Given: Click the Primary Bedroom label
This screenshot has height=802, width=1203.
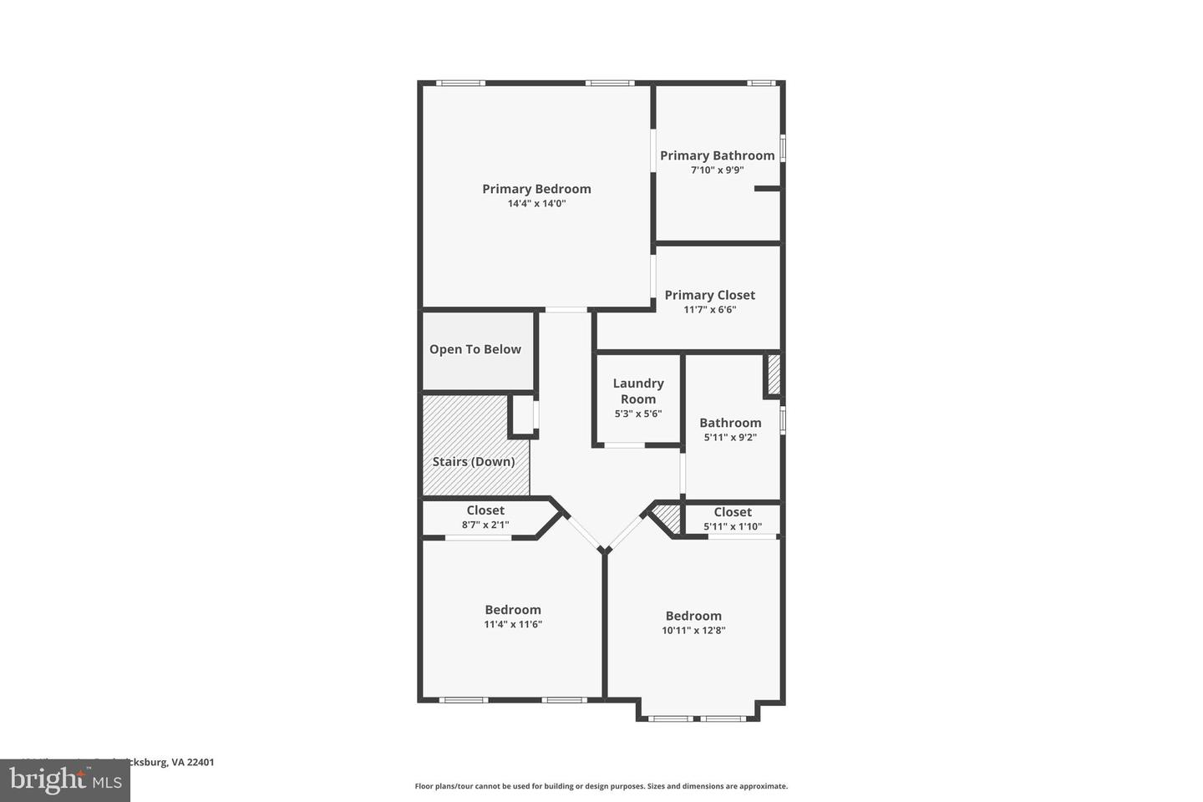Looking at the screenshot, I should [536, 189].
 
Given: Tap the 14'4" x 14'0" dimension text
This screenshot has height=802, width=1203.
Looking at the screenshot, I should [536, 203].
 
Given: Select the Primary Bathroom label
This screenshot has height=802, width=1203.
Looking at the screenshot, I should [717, 155].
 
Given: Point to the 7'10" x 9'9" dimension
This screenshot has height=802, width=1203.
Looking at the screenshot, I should [717, 170].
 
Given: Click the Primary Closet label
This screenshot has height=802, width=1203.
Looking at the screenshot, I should [709, 295].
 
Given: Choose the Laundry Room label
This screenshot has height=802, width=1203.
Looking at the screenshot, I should [638, 391].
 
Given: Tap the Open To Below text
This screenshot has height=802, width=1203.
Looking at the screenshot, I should [475, 349].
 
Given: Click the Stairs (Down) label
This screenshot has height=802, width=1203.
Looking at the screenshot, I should [473, 461].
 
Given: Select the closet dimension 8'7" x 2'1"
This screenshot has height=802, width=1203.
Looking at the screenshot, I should [485, 525].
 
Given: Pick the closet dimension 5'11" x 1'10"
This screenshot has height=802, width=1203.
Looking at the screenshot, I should [733, 526].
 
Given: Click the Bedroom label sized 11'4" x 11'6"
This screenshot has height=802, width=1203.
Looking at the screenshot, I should [513, 610].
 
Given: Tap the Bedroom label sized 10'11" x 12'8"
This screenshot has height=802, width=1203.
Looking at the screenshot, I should [693, 616].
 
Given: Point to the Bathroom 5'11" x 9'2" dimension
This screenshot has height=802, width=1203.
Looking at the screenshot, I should [730, 437].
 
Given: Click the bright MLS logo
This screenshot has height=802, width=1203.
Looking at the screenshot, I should [64, 780].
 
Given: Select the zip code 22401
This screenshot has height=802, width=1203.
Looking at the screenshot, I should [200, 762].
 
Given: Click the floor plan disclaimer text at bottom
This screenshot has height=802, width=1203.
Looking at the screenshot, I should [601, 786].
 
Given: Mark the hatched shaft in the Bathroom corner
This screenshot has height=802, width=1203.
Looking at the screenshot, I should [774, 375].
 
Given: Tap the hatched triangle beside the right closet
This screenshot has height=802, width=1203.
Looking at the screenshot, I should [668, 518].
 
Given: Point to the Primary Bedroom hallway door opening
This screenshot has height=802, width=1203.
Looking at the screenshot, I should [566, 310].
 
